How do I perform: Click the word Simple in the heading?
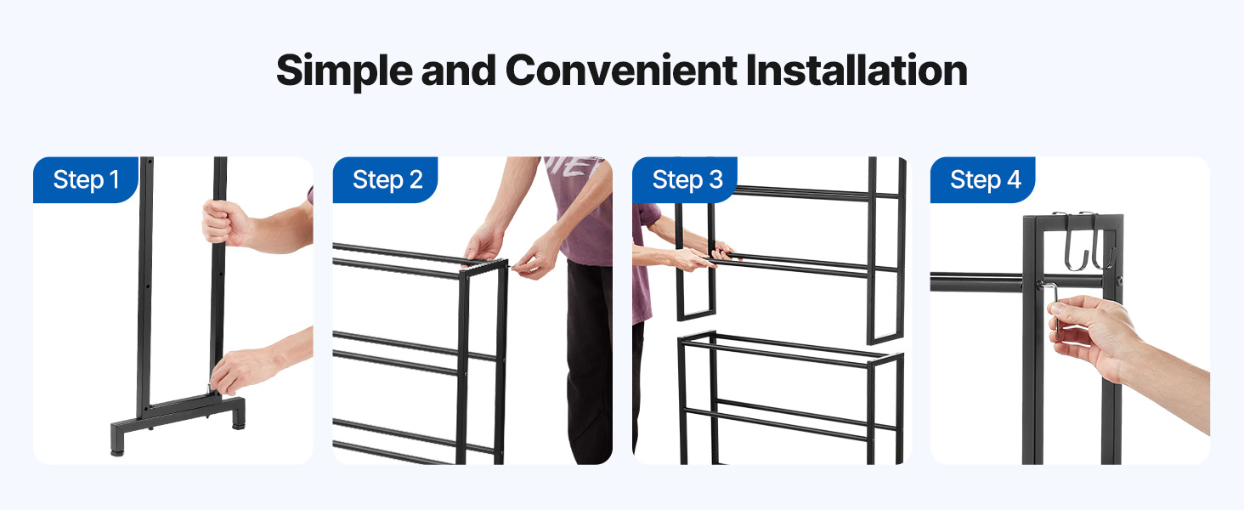[344, 71]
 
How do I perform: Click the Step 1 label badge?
[86, 179]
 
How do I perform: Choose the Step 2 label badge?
[385, 179]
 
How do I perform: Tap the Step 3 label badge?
[685, 179]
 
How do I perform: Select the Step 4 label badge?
[983, 179]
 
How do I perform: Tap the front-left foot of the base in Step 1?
[118, 443]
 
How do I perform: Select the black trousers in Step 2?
[590, 361]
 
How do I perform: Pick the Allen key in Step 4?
[1054, 309]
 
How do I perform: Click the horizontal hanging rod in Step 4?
[977, 282]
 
